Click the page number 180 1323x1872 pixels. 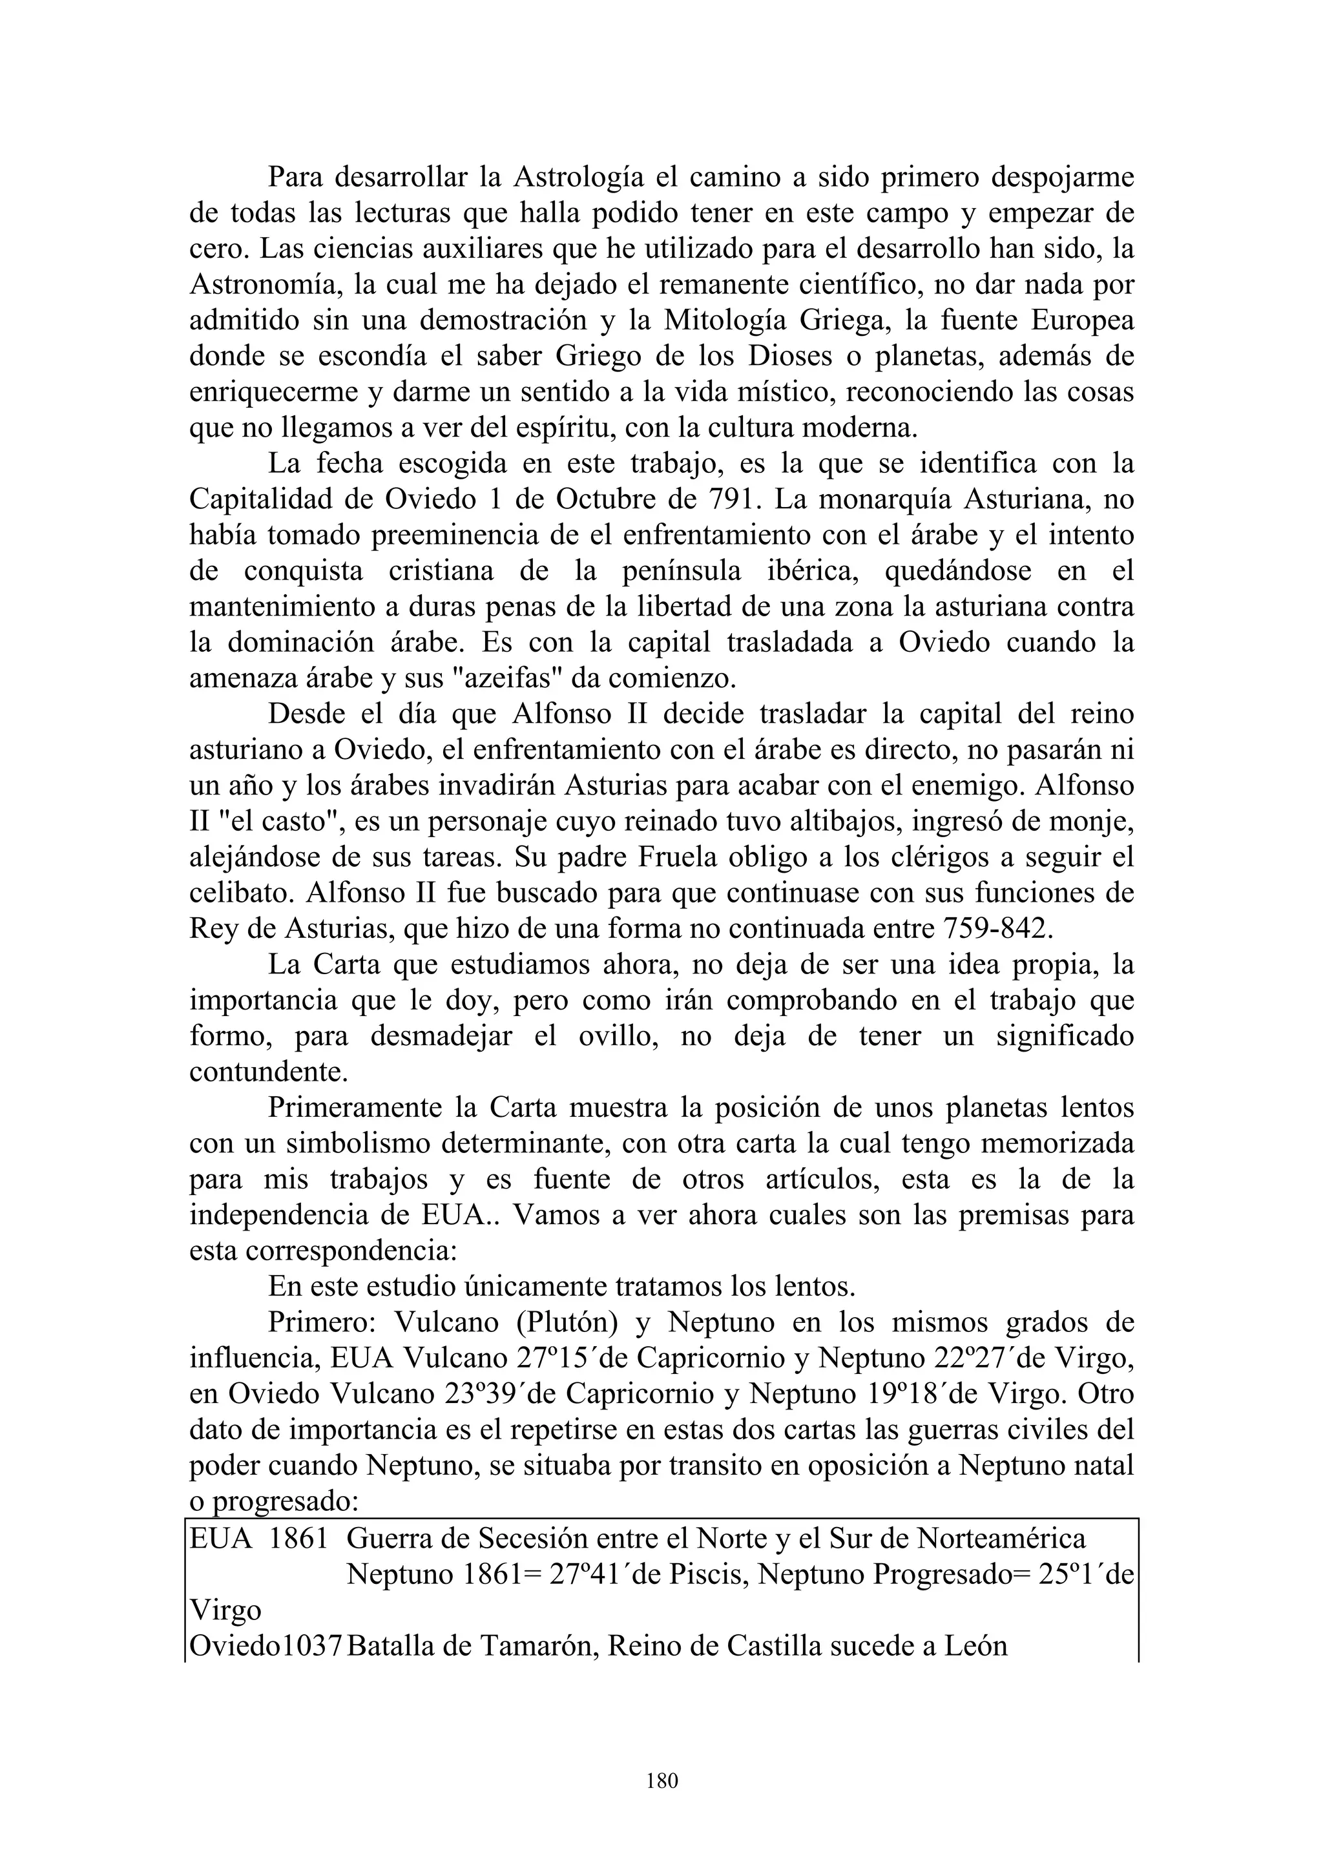(x=661, y=1781)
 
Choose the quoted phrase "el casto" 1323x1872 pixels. (x=279, y=822)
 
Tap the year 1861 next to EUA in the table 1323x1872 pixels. (x=298, y=1539)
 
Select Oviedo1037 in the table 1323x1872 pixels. (x=267, y=1646)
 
